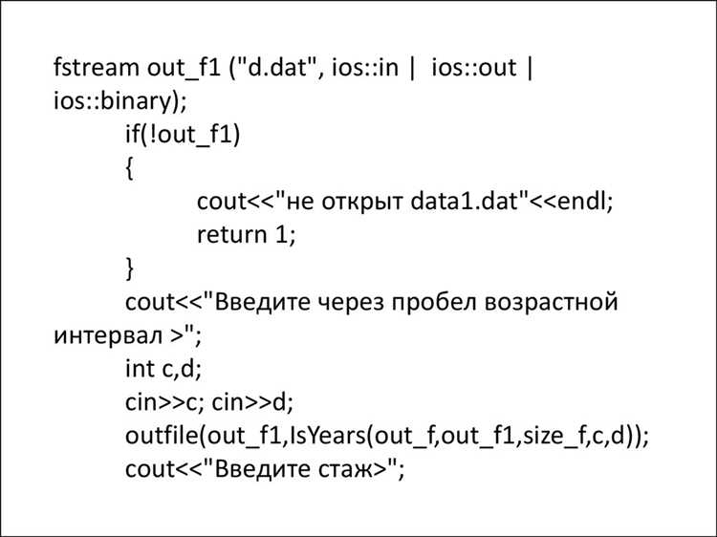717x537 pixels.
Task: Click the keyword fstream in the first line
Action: [96, 67]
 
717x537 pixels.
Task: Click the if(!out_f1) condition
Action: [183, 135]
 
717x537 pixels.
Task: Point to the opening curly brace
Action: [130, 168]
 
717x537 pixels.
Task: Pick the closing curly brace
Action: [130, 268]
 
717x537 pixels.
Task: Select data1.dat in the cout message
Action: [464, 201]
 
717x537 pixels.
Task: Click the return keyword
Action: [232, 235]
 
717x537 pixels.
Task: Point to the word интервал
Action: [108, 336]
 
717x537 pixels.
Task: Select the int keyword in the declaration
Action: [140, 369]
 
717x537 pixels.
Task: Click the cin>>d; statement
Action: [252, 401]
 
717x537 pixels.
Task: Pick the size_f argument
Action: [554, 436]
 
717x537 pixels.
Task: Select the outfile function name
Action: [163, 435]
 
